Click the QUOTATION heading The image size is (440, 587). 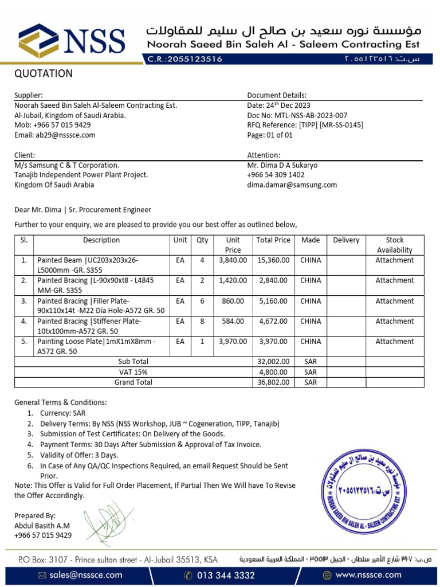[44, 73]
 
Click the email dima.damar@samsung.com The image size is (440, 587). [292, 185]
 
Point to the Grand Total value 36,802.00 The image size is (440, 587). [274, 382]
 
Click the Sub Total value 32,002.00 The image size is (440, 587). [274, 361]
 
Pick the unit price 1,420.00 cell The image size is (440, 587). [233, 280]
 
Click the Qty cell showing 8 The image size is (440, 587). [202, 321]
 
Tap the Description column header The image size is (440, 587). [101, 240]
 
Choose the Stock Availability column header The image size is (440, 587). [394, 245]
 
